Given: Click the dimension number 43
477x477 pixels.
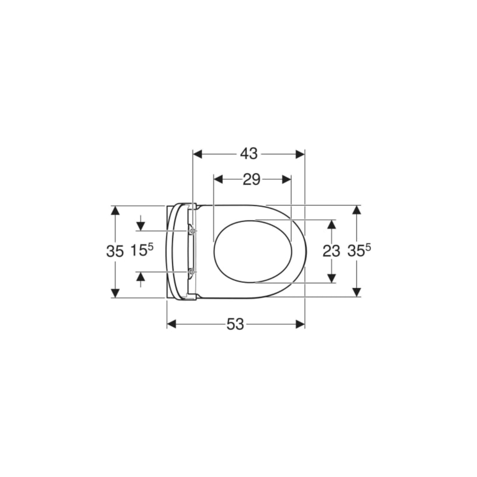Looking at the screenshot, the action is pyautogui.click(x=249, y=154).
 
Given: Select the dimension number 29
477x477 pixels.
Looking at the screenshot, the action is pyautogui.click(x=252, y=180).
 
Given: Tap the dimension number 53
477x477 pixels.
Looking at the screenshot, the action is pyautogui.click(x=235, y=324).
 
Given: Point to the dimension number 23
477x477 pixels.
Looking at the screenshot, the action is pyautogui.click(x=331, y=251).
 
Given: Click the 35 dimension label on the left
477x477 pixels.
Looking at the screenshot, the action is pyautogui.click(x=115, y=252).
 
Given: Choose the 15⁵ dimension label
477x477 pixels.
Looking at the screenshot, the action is pyautogui.click(x=142, y=250).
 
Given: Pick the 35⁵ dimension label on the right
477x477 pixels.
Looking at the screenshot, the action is pyautogui.click(x=359, y=250).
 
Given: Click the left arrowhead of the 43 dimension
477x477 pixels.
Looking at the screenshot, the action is pyautogui.click(x=198, y=154).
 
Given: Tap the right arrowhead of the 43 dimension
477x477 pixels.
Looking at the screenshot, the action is pyautogui.click(x=300, y=154).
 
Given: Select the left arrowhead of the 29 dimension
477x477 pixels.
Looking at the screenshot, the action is pyautogui.click(x=219, y=179).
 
